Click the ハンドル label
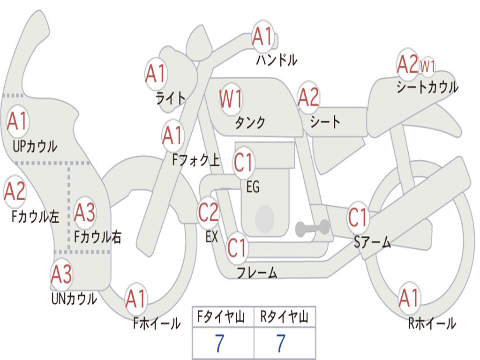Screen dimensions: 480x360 (x=277, y=60)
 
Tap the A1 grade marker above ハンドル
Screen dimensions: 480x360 (x=262, y=37)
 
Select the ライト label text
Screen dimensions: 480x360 (x=171, y=98)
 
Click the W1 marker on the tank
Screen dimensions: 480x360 (x=231, y=99)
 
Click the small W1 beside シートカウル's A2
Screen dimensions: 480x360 (x=427, y=66)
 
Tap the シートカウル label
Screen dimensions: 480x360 (x=427, y=87)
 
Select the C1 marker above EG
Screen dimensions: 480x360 (x=243, y=162)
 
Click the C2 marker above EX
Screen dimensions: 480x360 (x=209, y=212)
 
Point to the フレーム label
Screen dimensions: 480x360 (x=257, y=272)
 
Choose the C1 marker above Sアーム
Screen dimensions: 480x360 (x=358, y=217)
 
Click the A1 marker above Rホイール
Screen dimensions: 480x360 (x=408, y=298)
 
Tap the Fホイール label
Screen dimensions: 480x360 (x=157, y=323)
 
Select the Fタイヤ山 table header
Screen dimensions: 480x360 (x=221, y=317)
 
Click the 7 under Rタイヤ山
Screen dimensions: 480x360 (x=281, y=343)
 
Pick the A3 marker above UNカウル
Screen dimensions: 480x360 (x=61, y=274)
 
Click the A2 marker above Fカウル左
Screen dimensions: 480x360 (x=15, y=191)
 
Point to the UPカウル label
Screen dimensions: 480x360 (x=35, y=146)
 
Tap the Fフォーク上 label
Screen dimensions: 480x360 (x=196, y=160)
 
